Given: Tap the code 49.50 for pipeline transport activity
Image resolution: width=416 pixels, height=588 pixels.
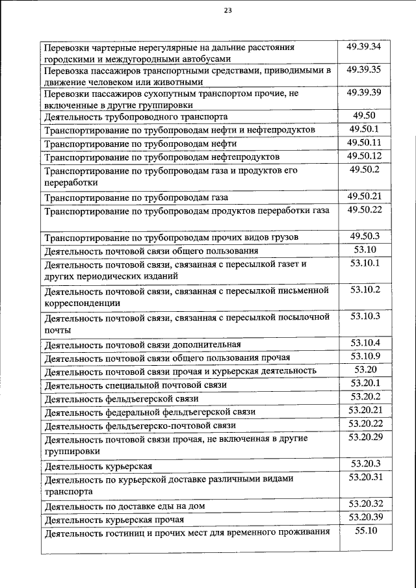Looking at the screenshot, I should pyautogui.click(x=364, y=116).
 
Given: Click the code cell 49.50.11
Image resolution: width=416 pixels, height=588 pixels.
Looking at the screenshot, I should pyautogui.click(x=364, y=142).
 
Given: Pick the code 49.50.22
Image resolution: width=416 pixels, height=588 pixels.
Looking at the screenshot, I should pyautogui.click(x=364, y=209).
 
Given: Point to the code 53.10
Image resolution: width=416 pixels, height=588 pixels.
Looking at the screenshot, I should pyautogui.click(x=364, y=249).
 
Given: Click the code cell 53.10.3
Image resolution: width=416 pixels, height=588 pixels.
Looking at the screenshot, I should pyautogui.click(x=364, y=316).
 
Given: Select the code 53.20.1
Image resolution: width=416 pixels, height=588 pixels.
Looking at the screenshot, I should pyautogui.click(x=364, y=383).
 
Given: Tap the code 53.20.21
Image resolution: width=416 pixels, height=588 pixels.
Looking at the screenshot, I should pyautogui.click(x=364, y=410).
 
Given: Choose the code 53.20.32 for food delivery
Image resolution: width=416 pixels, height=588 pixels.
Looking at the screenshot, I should pyautogui.click(x=364, y=504).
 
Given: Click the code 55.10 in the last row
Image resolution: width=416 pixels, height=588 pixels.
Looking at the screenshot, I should pyautogui.click(x=364, y=531).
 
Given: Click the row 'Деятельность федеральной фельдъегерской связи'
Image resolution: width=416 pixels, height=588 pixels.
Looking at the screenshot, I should pyautogui.click(x=149, y=413).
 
